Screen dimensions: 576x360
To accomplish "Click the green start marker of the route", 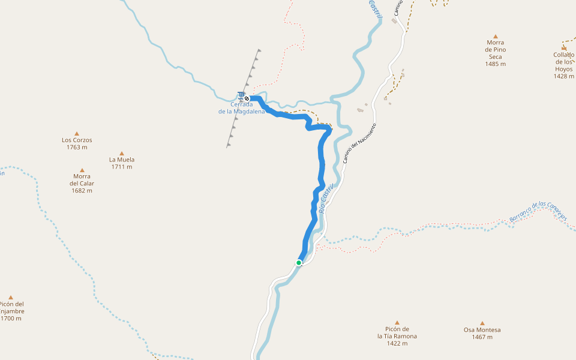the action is pyautogui.click(x=299, y=262).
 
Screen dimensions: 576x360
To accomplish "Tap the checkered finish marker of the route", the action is pyautogui.click(x=247, y=98).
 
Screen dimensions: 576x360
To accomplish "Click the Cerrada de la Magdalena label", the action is pyautogui.click(x=241, y=107).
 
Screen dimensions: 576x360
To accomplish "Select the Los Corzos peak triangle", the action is pyautogui.click(x=77, y=133).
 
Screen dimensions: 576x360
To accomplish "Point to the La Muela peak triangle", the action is pyautogui.click(x=122, y=153).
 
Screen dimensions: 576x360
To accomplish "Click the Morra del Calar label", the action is pyautogui.click(x=82, y=180).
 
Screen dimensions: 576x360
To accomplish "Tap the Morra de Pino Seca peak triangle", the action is pyautogui.click(x=495, y=37).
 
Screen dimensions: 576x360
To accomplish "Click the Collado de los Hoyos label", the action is pyautogui.click(x=564, y=62).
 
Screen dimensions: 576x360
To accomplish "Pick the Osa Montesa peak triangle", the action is pyautogui.click(x=482, y=323).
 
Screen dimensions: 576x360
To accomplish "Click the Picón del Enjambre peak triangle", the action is pyautogui.click(x=10, y=297).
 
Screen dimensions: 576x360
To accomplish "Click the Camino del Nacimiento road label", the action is pyautogui.click(x=359, y=144).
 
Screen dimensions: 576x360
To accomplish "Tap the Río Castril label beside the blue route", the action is pyautogui.click(x=326, y=198).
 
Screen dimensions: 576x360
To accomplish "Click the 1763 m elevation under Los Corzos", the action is pyautogui.click(x=77, y=147).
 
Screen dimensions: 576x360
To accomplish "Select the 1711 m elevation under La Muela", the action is pyautogui.click(x=122, y=167).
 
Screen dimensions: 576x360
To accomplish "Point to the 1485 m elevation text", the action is pyautogui.click(x=495, y=64).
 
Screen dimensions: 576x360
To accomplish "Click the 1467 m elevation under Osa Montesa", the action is pyautogui.click(x=482, y=337).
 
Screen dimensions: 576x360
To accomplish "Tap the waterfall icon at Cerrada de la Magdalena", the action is pyautogui.click(x=241, y=95).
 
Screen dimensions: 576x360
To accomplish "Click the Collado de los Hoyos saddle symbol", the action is pyautogui.click(x=563, y=47).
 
